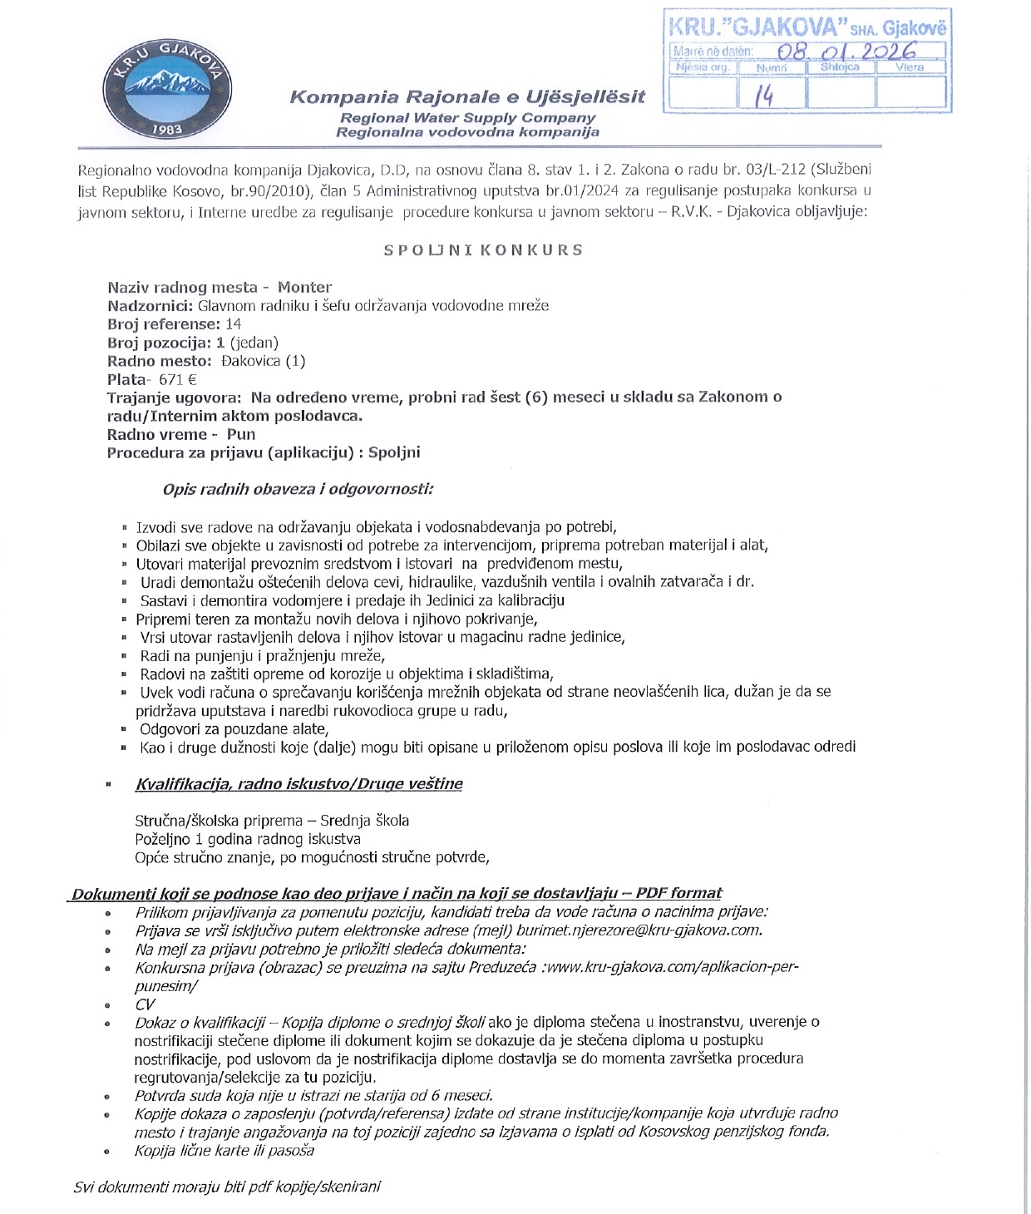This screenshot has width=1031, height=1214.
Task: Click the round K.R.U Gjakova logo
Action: click(166, 88)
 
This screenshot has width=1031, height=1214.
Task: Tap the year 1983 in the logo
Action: click(167, 129)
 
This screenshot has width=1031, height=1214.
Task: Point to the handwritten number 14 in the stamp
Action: click(764, 96)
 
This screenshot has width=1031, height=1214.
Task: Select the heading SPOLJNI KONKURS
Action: click(483, 249)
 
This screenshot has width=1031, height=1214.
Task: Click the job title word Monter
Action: click(304, 288)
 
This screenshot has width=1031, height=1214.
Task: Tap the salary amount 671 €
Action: click(178, 379)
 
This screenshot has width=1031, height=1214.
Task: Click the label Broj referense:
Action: click(164, 324)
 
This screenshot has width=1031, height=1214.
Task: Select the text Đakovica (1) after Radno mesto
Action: click(264, 361)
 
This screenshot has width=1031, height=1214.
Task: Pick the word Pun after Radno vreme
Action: click(241, 434)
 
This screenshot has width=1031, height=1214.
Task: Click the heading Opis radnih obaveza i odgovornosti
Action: click(298, 489)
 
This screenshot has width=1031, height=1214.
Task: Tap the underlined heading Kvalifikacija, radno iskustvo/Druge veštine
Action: click(298, 783)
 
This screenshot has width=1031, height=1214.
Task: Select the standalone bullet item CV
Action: click(145, 1004)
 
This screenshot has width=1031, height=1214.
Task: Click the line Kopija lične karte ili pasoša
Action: click(224, 1151)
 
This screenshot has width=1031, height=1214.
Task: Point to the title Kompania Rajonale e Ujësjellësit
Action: click(467, 97)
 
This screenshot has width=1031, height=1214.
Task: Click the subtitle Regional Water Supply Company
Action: click(467, 118)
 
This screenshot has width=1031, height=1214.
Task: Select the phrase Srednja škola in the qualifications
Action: click(364, 821)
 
